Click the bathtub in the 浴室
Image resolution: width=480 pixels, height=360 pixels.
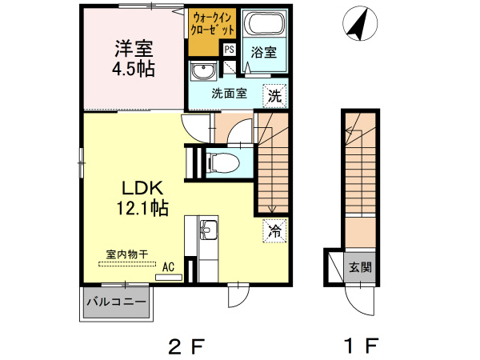[265, 22]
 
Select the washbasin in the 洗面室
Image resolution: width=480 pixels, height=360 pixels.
[202, 71]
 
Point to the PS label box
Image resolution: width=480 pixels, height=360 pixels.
[229, 50]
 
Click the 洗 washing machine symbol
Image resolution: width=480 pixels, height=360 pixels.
[274, 96]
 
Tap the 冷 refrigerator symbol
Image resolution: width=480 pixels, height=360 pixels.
[274, 230]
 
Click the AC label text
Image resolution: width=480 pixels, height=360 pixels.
[168, 266]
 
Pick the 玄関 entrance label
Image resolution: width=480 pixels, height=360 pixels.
[360, 267]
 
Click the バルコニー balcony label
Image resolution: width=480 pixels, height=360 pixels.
[116, 302]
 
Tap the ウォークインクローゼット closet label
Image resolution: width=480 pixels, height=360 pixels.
[212, 24]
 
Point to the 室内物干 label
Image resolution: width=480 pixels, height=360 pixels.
[127, 254]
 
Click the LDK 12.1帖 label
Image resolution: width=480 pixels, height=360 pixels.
[142, 198]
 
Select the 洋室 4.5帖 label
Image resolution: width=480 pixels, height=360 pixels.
[134, 58]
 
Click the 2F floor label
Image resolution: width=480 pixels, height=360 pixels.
[186, 346]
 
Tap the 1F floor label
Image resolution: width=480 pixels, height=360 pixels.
[362, 346]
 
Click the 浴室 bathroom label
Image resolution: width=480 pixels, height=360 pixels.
[263, 52]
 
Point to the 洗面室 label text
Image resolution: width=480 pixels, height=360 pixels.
[229, 94]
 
